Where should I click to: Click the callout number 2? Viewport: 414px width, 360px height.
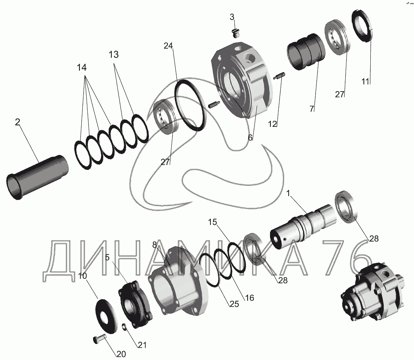[17, 122]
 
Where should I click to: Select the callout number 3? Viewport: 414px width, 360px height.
[232, 17]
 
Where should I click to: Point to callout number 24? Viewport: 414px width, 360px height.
[168, 46]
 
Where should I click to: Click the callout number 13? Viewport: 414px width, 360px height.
[114, 55]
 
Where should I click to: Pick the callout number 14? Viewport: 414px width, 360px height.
[82, 68]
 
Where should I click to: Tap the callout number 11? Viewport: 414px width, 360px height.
[365, 82]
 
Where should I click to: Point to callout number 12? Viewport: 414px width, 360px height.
[272, 124]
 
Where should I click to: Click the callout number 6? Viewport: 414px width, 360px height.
[250, 137]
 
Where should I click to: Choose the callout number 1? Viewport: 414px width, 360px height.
[288, 193]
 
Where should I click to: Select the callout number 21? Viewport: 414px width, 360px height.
[142, 345]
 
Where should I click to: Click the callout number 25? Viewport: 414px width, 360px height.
[234, 304]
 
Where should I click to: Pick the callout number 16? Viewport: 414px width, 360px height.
[249, 298]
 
